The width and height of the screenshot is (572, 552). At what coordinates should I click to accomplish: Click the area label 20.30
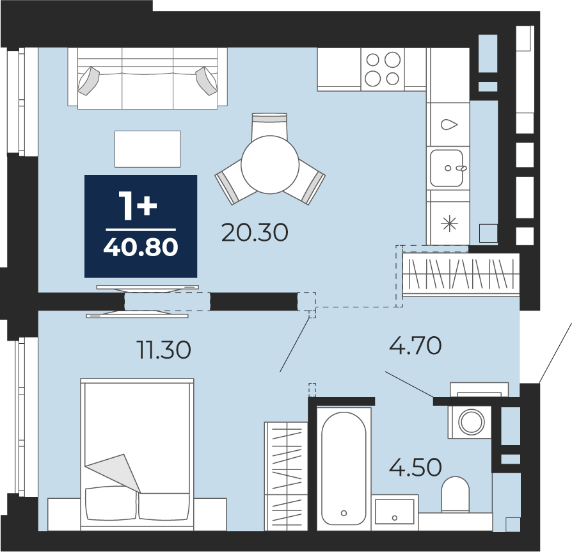click(x=255, y=232)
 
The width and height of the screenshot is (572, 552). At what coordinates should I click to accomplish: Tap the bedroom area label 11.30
click(x=163, y=350)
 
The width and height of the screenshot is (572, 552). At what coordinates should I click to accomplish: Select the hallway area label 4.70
click(x=415, y=345)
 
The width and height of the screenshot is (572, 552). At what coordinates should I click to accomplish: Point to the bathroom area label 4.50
click(x=415, y=467)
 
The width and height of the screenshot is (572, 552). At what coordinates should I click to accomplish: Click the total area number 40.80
click(x=141, y=247)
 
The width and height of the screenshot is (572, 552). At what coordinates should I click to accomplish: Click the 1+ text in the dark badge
click(x=138, y=206)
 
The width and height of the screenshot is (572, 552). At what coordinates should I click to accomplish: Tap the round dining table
click(x=270, y=165)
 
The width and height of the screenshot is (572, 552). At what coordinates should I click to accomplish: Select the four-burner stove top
click(x=383, y=69)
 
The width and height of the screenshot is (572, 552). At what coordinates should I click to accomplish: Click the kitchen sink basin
click(x=447, y=168)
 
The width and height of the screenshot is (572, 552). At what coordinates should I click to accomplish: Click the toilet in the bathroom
click(x=456, y=494)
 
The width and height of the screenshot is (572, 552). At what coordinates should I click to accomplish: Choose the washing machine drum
click(x=472, y=421)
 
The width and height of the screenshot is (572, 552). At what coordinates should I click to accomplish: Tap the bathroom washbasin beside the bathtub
click(x=395, y=512)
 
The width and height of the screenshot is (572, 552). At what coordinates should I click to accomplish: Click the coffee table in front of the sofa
click(x=147, y=149)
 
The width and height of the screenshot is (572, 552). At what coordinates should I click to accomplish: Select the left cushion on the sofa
click(x=89, y=81)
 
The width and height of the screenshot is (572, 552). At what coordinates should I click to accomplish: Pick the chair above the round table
click(x=269, y=126)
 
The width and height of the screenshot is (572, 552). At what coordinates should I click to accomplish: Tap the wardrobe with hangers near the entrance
click(x=461, y=275)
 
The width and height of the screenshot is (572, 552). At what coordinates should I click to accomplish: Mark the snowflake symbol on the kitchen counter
click(x=449, y=223)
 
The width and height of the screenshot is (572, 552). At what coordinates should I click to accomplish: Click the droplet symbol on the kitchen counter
click(x=449, y=124)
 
